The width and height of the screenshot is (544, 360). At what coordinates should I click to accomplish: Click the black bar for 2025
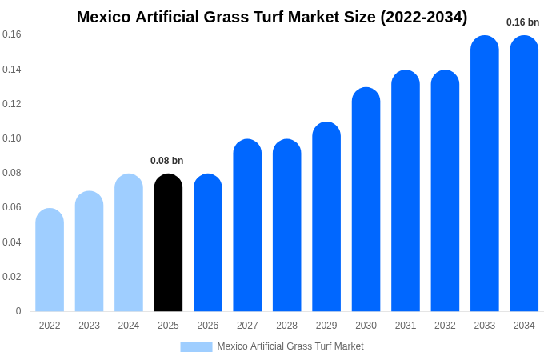click(168, 243)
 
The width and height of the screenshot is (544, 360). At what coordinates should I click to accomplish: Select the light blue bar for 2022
click(50, 260)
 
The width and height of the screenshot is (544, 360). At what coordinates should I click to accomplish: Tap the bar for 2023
click(89, 251)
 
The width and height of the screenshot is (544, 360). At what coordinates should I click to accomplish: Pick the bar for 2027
click(247, 226)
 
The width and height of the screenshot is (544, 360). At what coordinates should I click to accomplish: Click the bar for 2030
click(366, 200)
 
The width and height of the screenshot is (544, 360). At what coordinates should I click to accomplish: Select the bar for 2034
click(524, 174)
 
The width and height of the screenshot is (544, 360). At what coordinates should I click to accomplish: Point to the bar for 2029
click(326, 217)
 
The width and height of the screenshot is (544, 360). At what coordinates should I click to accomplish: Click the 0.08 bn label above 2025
click(167, 161)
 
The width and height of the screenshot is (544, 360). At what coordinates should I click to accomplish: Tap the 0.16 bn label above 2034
click(523, 22)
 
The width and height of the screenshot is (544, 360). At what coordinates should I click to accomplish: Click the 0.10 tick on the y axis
click(12, 138)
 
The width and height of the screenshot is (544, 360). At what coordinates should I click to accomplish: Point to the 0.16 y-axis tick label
click(12, 34)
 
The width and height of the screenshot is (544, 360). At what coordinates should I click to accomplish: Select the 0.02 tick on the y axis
click(12, 277)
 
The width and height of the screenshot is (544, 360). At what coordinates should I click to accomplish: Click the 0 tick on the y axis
click(18, 311)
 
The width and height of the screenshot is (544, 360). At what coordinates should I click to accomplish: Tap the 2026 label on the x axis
click(208, 326)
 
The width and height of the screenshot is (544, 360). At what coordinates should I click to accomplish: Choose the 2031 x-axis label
click(406, 326)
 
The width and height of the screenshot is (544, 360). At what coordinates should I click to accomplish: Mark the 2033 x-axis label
click(485, 326)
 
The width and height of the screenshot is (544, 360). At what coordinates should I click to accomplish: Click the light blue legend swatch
click(196, 346)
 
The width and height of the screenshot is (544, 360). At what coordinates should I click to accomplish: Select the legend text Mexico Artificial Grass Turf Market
click(290, 346)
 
